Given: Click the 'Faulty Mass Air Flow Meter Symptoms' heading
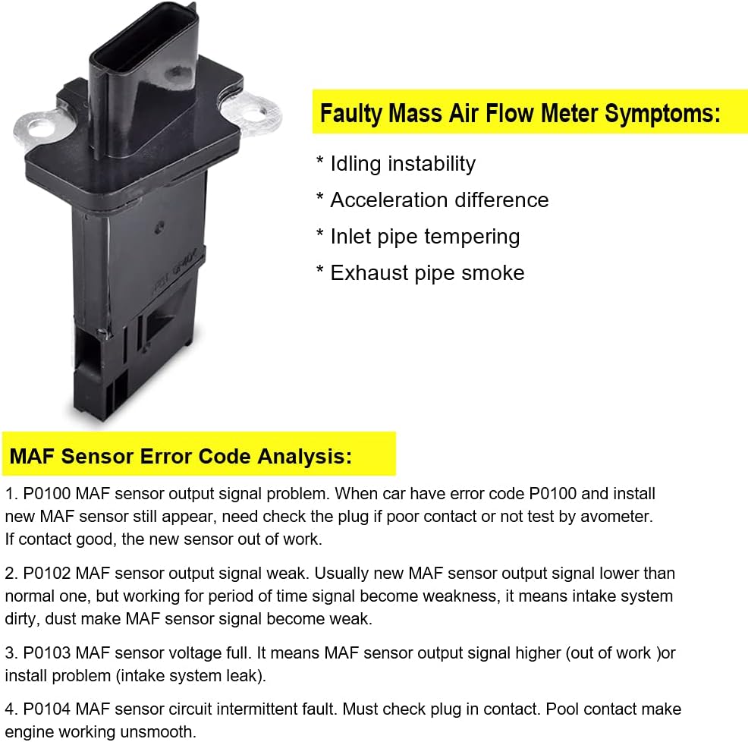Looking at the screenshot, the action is tap(520, 114).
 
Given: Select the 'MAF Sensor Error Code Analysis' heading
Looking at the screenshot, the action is tap(181, 457).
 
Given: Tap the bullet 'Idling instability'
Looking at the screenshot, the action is tap(403, 164).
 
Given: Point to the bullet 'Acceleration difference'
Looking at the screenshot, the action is tap(439, 200).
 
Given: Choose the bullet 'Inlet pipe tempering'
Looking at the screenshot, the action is tap(425, 237).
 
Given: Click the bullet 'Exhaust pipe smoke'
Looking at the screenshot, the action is tap(427, 273).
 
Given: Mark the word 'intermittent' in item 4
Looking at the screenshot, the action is tap(272, 710).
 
